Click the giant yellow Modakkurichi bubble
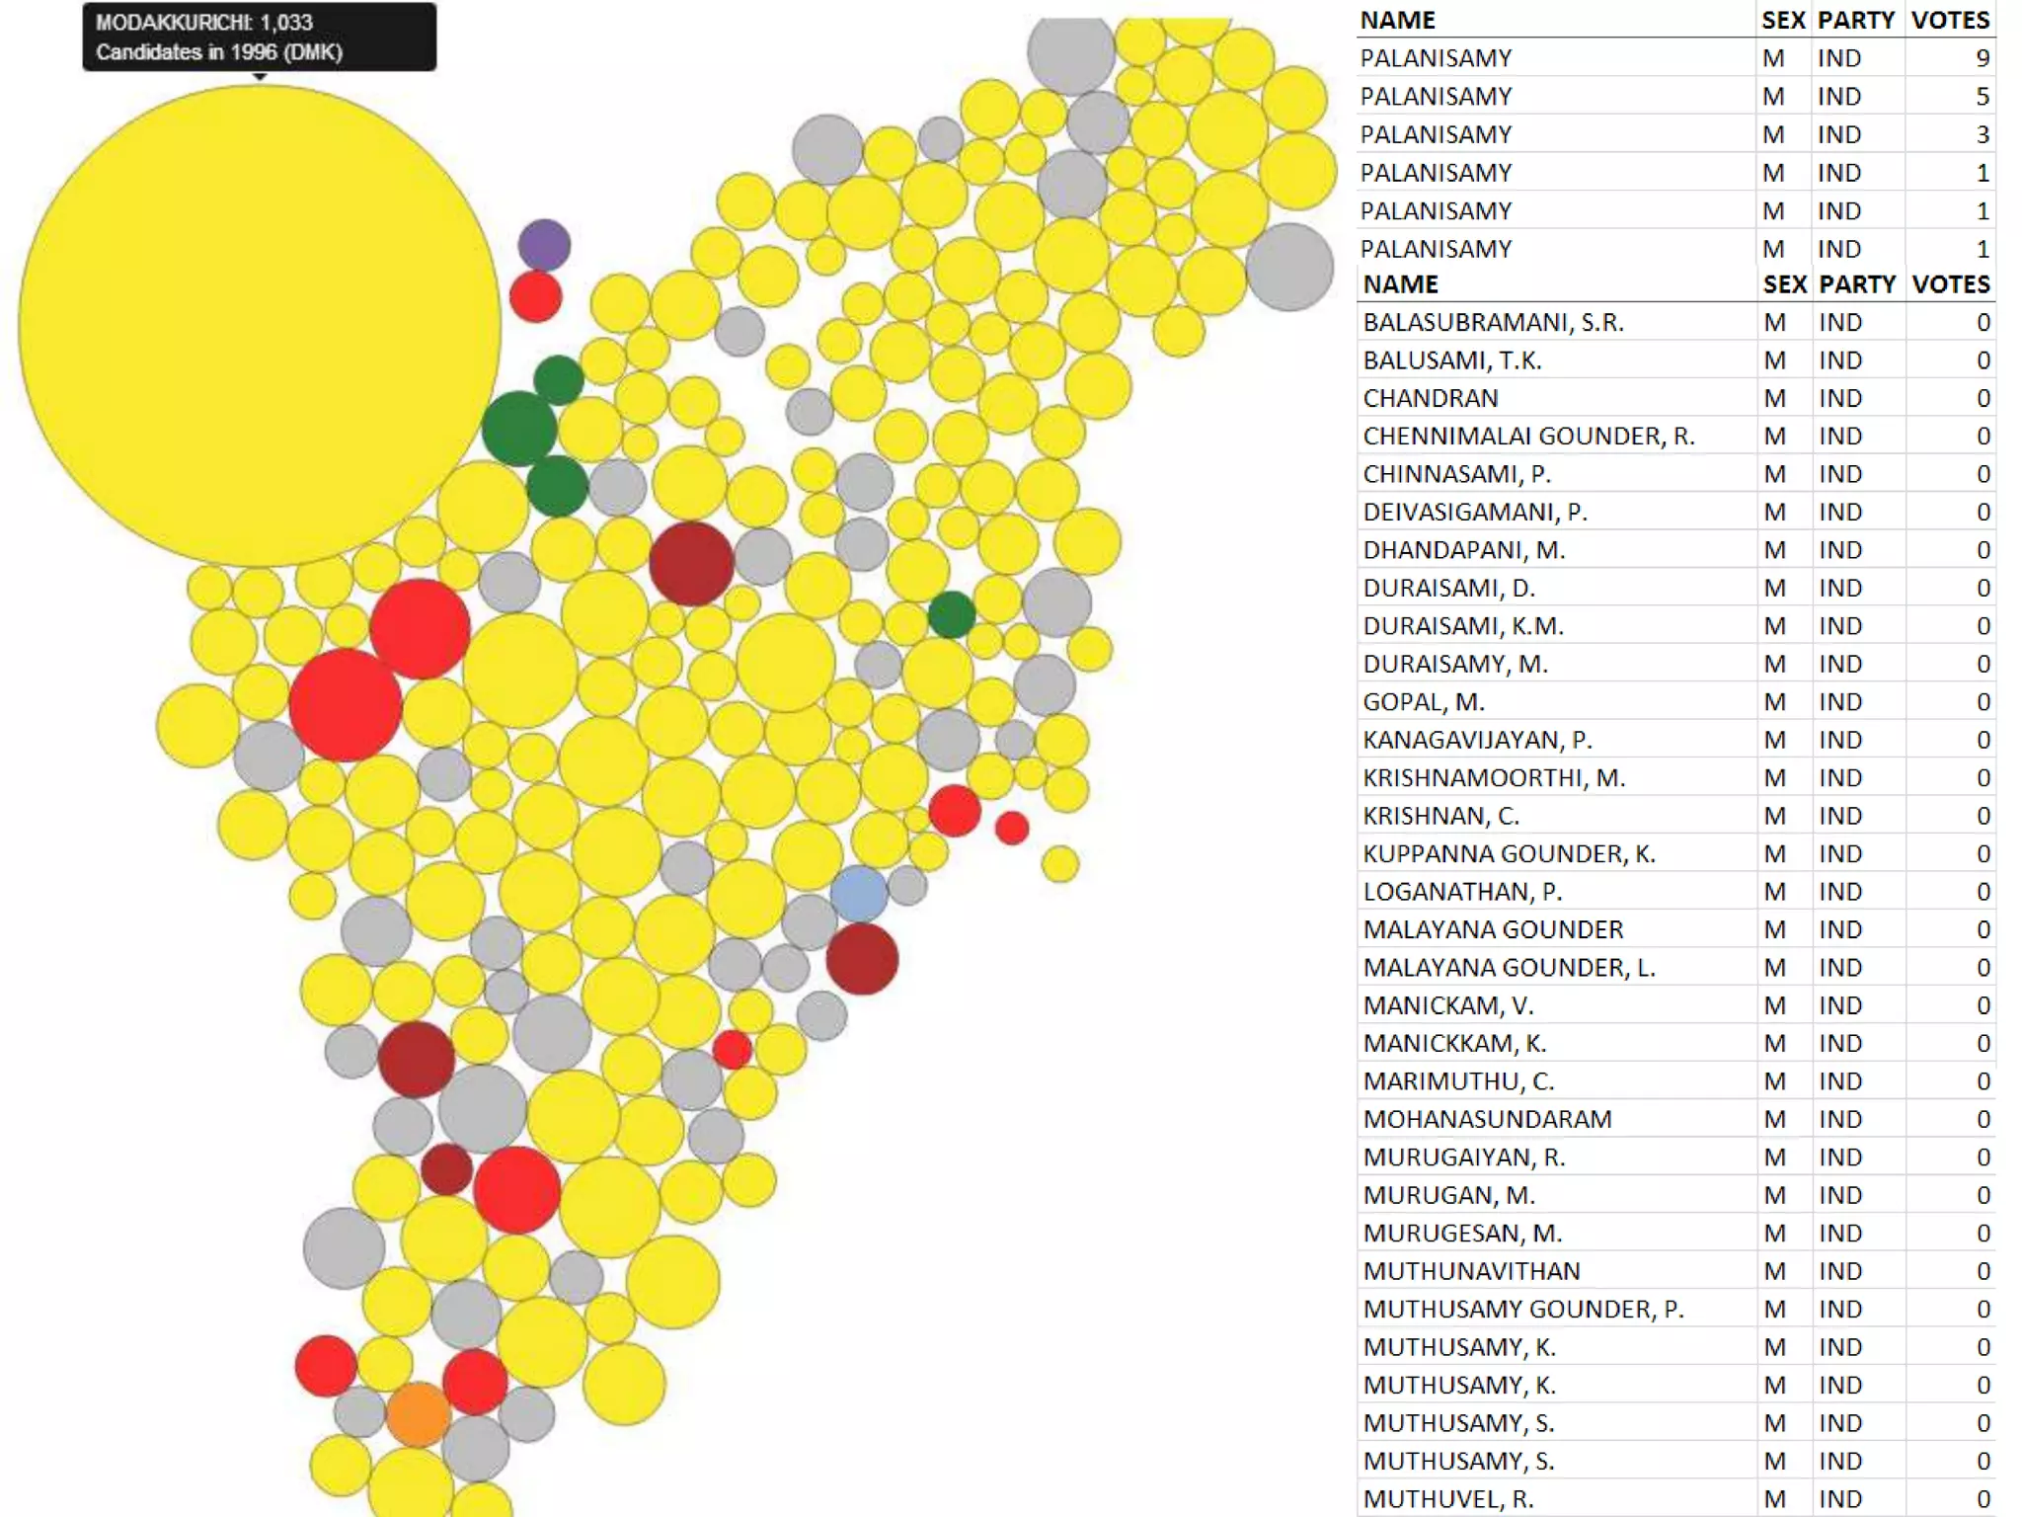[259, 326]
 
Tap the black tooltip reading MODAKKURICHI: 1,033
[259, 38]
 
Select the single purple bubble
[544, 245]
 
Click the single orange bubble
[418, 1413]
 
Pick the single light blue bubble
[859, 894]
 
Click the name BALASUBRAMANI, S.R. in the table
[1493, 322]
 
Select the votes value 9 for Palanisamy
[1982, 58]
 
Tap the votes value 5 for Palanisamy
[1982, 96]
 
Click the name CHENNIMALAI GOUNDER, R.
[1528, 436]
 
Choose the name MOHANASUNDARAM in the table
[1487, 1119]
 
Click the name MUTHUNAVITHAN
[1471, 1271]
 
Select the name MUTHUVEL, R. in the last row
[1448, 1498]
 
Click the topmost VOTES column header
[1950, 20]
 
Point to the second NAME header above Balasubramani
[1400, 284]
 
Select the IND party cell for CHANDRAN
[1839, 398]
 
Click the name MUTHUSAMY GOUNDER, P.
[1523, 1309]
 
